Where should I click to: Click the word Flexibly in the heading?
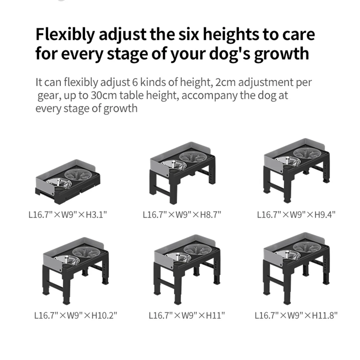(x=65, y=35)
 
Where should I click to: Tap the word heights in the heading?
(x=232, y=35)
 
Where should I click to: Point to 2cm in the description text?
(x=225, y=82)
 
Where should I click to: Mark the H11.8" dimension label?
(x=325, y=315)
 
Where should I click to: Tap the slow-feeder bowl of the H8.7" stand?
(x=193, y=157)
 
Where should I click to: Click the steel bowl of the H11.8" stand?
(x=288, y=255)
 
